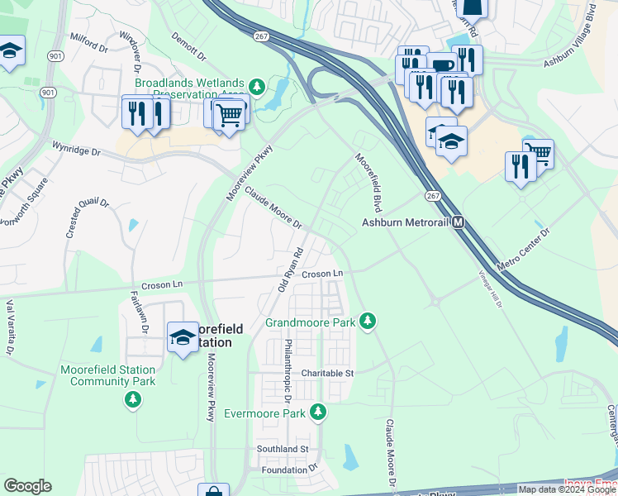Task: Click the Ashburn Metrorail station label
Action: tap(406, 222)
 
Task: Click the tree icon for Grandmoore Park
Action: tap(368, 321)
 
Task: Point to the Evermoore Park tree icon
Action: tap(317, 412)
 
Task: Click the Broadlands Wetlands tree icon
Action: tap(257, 85)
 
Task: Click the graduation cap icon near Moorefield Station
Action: tap(183, 337)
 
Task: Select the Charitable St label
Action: tap(327, 373)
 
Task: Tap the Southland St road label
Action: tap(282, 449)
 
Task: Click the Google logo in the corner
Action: tap(27, 486)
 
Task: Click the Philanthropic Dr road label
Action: tap(289, 365)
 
